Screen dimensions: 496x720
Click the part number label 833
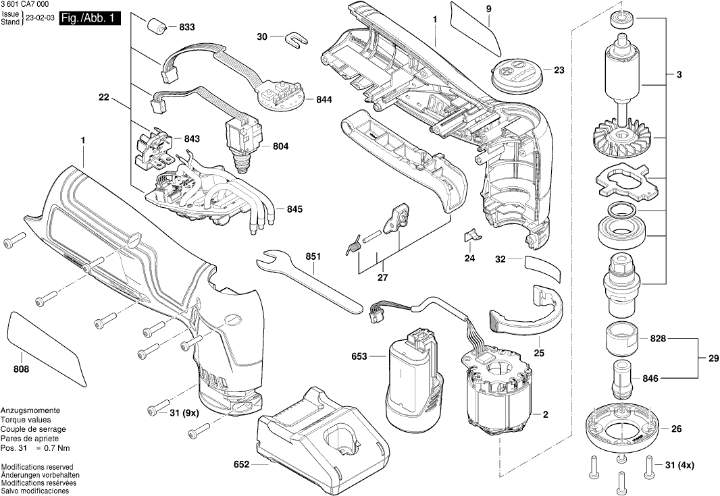click(186, 27)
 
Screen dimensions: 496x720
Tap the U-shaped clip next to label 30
click(292, 39)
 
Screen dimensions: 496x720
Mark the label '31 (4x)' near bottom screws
click(679, 465)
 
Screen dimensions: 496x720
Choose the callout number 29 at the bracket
click(709, 358)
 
